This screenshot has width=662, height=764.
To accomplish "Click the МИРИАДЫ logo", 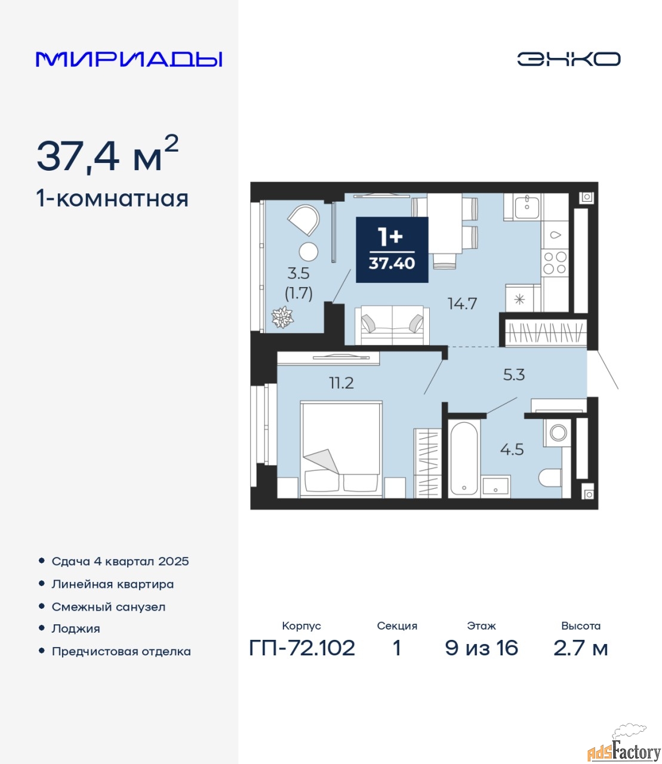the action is coord(129,59).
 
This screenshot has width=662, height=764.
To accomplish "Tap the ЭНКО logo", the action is coord(568,59).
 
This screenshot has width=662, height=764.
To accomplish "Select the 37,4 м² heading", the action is coord(107,154).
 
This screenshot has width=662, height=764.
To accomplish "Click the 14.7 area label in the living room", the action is coord(462,304).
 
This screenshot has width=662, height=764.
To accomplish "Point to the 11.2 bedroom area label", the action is coord(341,383).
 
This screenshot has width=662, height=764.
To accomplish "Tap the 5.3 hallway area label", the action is coord(514,375).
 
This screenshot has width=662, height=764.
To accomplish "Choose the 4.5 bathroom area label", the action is coord(512,449).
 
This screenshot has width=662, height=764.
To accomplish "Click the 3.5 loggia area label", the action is coord(298,273).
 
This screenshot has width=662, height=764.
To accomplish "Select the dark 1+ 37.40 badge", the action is coord(392,250).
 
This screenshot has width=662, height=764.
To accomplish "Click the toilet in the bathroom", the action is coord(550,478).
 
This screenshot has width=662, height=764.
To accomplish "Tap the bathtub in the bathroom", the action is coord(464,458).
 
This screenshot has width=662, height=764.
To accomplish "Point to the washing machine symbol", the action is coord(558,433).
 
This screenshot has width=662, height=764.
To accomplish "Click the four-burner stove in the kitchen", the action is coord(555,263).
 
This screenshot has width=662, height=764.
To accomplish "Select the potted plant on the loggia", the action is coord(282,317).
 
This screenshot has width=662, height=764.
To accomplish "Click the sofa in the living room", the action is coord(392,325).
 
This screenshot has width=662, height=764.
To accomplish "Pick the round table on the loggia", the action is coord(308,252).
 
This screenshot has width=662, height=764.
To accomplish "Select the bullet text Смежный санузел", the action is coord(108,607).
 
